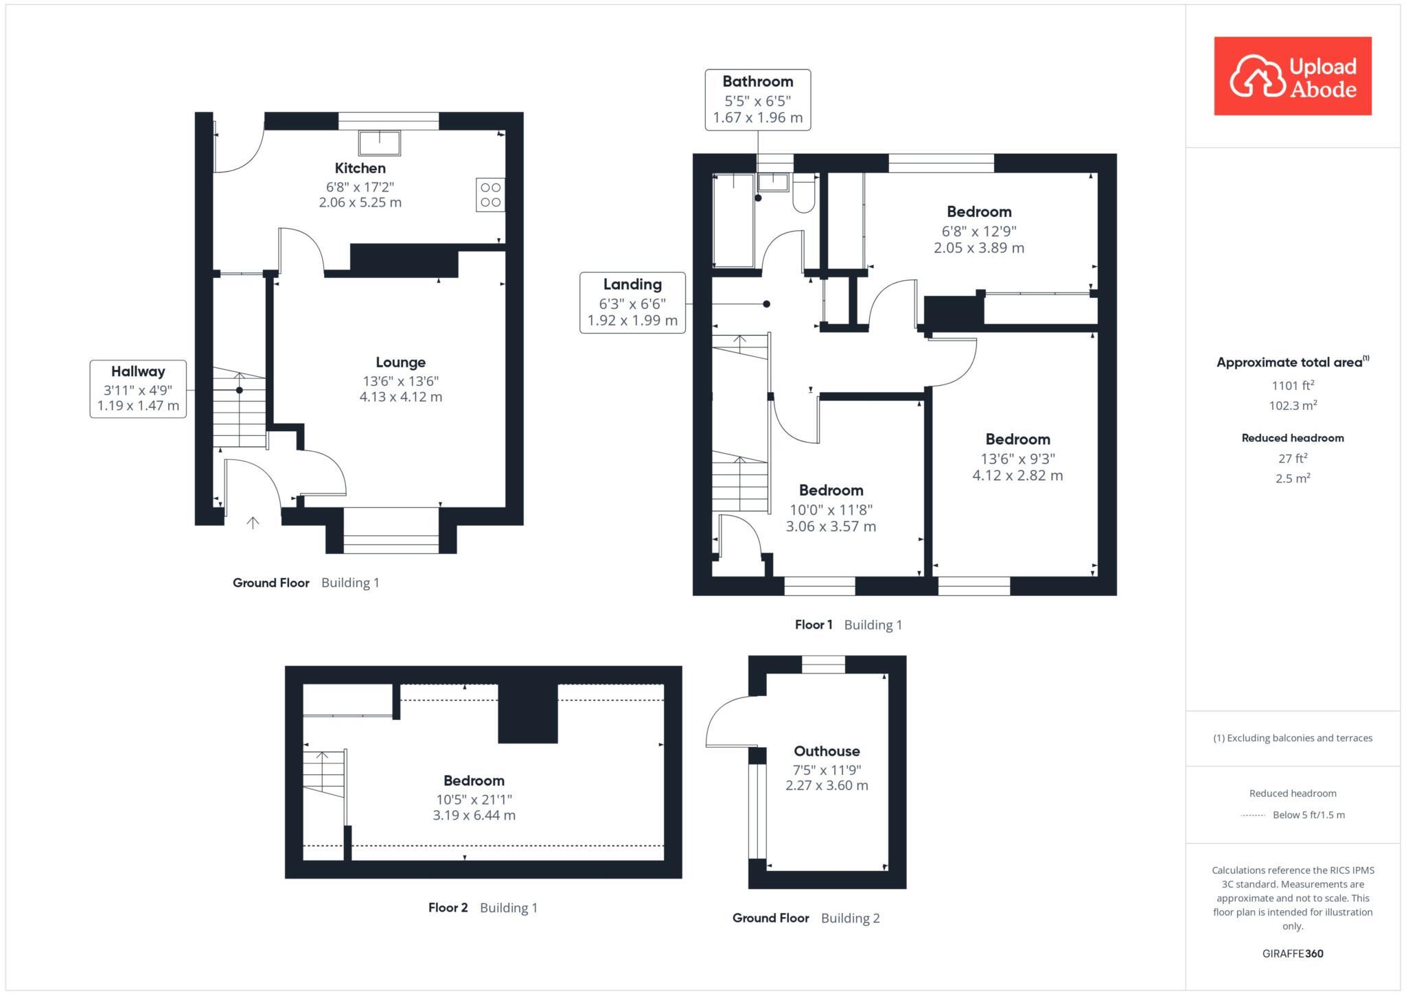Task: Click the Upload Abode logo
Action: (x=1292, y=76)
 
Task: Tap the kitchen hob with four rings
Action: (x=490, y=194)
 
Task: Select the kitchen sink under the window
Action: (x=380, y=143)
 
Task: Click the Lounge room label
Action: (x=400, y=362)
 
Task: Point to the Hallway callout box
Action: (x=138, y=389)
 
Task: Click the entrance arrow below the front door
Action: (x=253, y=523)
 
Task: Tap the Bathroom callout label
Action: (x=757, y=82)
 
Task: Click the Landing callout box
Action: (x=632, y=303)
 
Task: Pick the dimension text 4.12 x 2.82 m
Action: (x=1017, y=475)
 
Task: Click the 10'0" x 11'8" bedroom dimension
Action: (x=831, y=509)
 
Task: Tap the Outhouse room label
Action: (x=827, y=751)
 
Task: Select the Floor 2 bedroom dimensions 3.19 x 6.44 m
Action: (x=474, y=816)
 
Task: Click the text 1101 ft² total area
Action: (x=1292, y=385)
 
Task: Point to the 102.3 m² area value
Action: (x=1292, y=406)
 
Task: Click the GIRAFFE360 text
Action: (x=1292, y=953)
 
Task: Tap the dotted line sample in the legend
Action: (x=1253, y=816)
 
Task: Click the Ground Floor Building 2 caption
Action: (x=805, y=918)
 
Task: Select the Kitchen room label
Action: (x=360, y=168)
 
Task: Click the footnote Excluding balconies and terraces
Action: (x=1292, y=738)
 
